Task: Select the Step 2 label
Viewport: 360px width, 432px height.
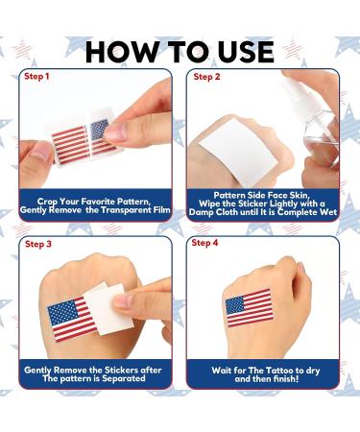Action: tap(207, 76)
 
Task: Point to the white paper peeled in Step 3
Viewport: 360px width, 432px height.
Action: tap(120, 305)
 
